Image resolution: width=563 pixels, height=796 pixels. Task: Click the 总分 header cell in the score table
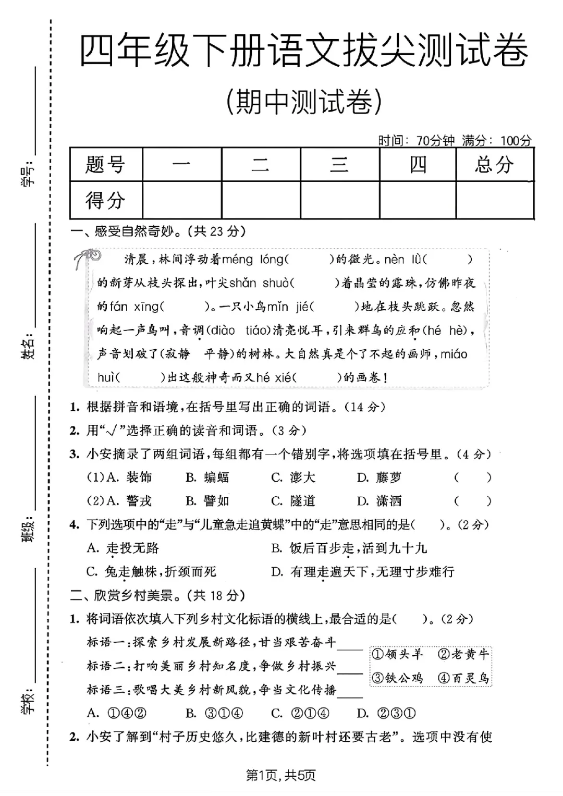point(494,165)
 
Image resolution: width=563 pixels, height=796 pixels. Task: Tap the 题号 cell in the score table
point(106,165)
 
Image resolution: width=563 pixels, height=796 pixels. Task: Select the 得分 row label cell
point(106,200)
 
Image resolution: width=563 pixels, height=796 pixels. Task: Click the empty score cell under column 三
point(339,200)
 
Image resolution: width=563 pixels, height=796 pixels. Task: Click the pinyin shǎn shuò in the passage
point(259,283)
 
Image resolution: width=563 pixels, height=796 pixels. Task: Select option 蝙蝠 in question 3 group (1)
point(208,477)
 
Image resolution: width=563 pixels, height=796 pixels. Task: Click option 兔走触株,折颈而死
point(152,572)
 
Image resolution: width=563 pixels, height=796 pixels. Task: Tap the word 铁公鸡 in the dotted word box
point(397,678)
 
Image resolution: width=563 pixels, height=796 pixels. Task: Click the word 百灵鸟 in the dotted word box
point(463,678)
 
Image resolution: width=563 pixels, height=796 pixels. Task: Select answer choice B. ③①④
point(214,713)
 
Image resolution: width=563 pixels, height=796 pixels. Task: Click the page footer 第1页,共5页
point(281,775)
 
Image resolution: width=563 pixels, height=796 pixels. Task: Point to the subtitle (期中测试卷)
point(304,102)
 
